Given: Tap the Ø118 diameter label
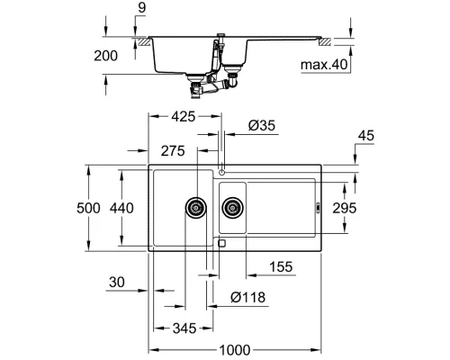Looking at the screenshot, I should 246,298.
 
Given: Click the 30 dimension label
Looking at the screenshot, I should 116,283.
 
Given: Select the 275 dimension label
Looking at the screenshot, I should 175,150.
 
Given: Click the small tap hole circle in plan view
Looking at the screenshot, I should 220,170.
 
